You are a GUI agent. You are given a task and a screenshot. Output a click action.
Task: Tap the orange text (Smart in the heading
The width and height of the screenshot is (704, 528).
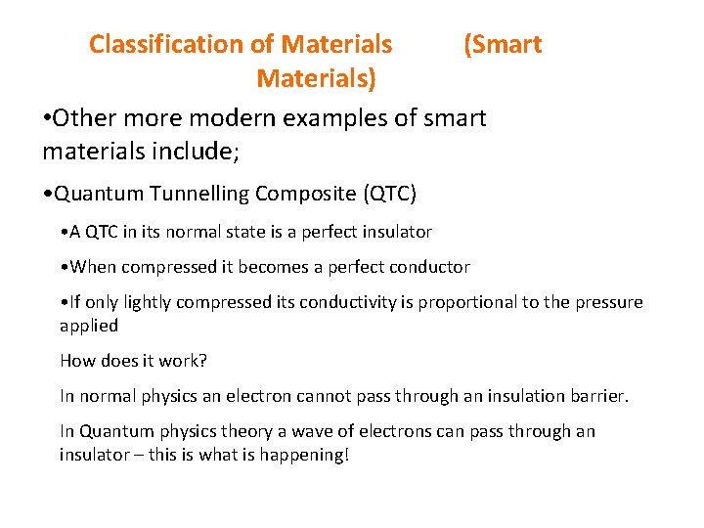tap(502, 45)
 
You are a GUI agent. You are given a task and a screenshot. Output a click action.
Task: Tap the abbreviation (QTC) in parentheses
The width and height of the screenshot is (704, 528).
tap(389, 194)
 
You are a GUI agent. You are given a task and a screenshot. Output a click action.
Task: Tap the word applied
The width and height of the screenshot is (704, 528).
tap(89, 325)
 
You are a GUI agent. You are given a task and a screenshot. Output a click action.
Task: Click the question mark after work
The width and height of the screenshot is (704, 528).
tap(203, 361)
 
